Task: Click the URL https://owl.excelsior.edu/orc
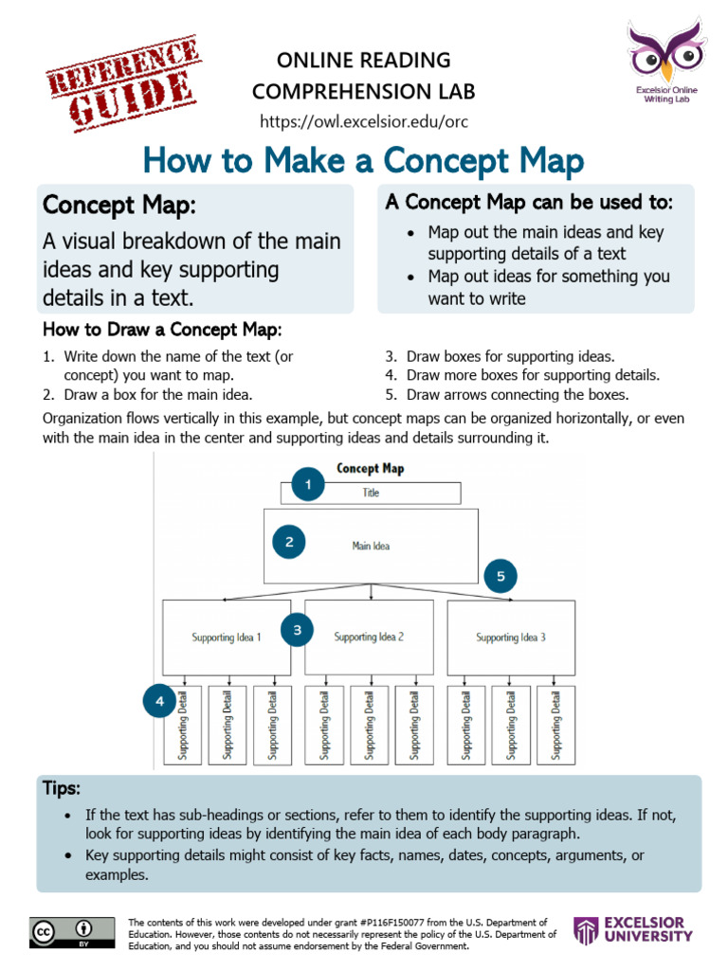tap(364, 122)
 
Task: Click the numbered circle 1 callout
tap(307, 486)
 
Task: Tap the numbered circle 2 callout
tap(289, 543)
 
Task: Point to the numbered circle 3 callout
tap(297, 630)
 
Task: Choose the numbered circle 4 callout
tap(160, 702)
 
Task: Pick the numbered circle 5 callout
tap(501, 575)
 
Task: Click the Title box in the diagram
tap(371, 493)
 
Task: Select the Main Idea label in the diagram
tap(371, 546)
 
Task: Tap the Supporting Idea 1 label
tap(227, 638)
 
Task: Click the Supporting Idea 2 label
tap(370, 637)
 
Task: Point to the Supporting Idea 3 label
tap(511, 638)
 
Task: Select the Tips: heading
tap(62, 788)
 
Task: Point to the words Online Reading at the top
tap(364, 61)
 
